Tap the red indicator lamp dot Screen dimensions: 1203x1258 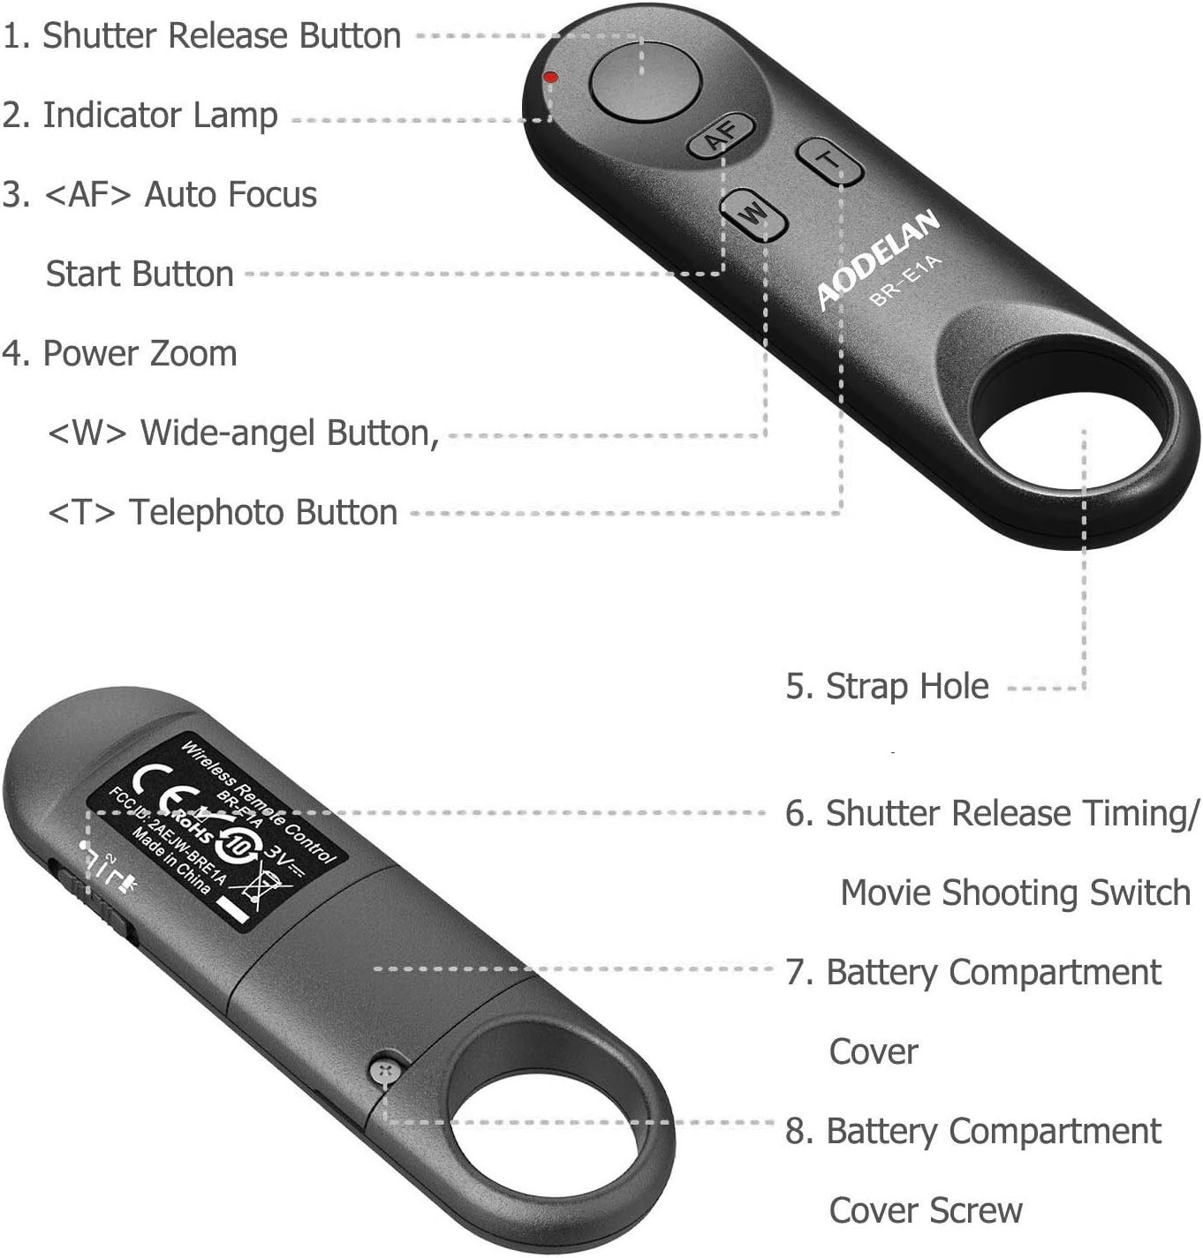[550, 78]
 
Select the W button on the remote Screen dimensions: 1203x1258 [753, 215]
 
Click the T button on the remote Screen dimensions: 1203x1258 [829, 160]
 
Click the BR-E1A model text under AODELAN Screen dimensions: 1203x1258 [906, 280]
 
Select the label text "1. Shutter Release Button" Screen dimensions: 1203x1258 [202, 36]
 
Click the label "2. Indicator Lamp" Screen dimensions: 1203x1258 [140, 116]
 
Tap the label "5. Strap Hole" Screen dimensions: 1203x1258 [887, 686]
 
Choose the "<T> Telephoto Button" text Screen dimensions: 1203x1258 [223, 512]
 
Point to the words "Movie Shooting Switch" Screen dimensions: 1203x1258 [1015, 893]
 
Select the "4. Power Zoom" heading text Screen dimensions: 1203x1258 [120, 354]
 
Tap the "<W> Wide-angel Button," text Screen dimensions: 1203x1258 [243, 433]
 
